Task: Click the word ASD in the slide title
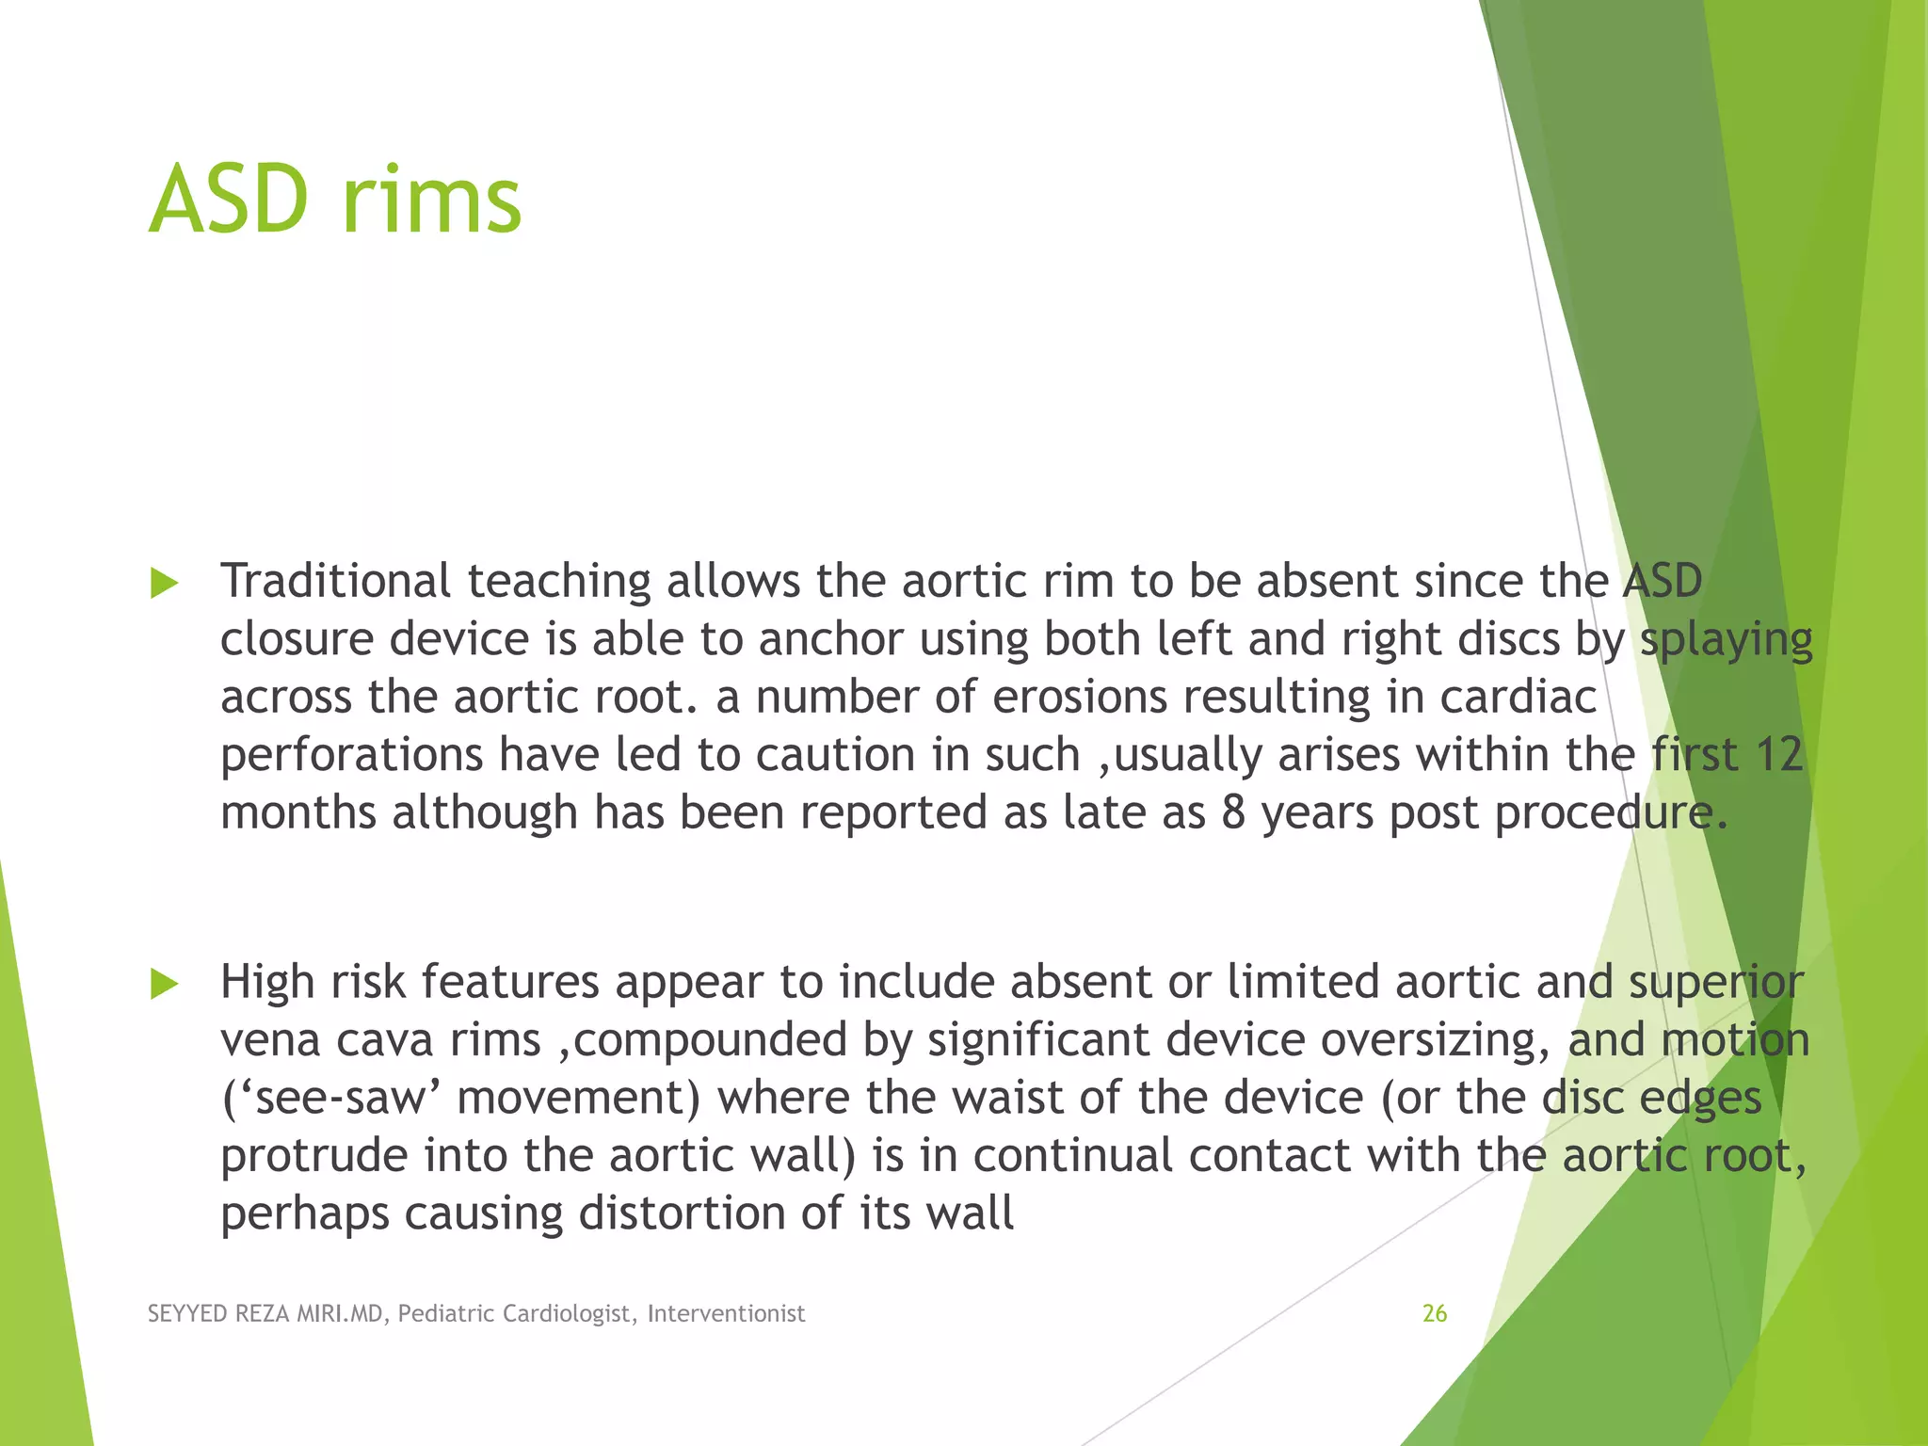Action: coord(229,200)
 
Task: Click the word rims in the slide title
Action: coord(431,200)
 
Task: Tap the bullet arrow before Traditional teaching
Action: coord(165,584)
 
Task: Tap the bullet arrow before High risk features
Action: coord(165,985)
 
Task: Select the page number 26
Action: coord(1434,1313)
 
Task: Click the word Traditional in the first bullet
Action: coord(335,581)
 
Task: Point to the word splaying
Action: coord(1726,640)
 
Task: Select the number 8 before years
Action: coord(1233,813)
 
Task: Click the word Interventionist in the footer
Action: coord(726,1313)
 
